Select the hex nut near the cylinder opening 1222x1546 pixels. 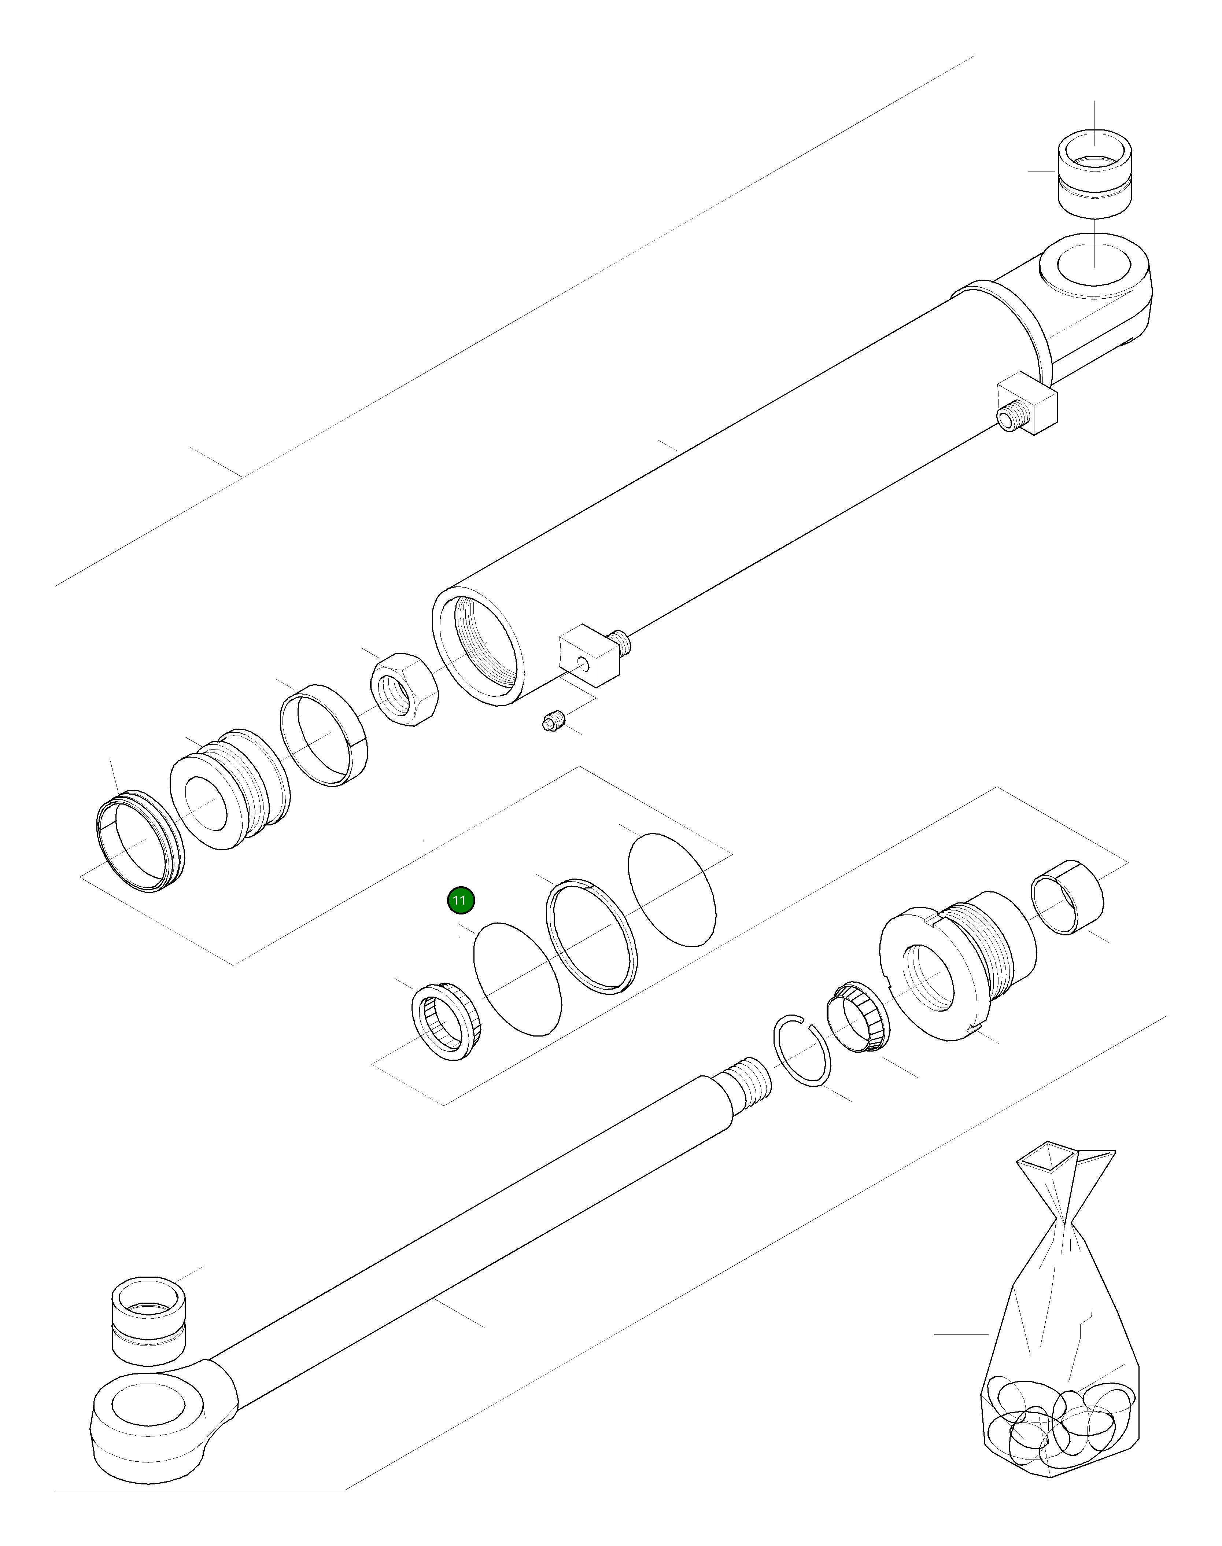coord(404,689)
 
